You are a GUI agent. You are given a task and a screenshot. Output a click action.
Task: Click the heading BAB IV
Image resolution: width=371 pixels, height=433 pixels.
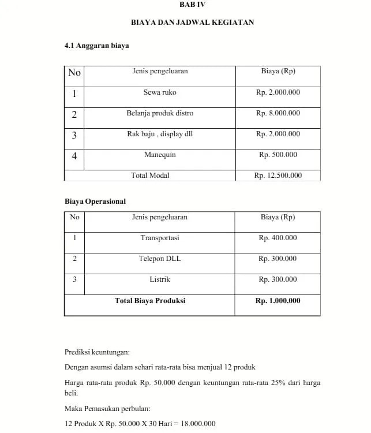[192, 4]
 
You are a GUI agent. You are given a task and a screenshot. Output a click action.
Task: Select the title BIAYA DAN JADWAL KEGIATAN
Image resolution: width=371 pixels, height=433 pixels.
[192, 23]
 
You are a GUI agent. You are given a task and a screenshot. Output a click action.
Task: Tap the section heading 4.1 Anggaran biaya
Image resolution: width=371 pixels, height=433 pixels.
[96, 45]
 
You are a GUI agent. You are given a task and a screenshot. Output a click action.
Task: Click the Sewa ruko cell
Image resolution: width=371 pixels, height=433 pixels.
[160, 92]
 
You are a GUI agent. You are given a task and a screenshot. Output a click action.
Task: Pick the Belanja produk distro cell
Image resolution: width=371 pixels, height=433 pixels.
[160, 113]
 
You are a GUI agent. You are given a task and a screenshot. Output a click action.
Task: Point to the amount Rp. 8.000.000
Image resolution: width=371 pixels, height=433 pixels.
[278, 113]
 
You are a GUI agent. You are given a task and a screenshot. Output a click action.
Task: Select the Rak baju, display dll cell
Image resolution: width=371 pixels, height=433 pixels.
[160, 134]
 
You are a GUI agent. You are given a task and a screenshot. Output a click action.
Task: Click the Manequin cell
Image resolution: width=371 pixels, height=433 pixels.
[160, 155]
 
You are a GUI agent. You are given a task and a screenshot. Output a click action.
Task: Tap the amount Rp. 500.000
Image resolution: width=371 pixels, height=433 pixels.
[278, 155]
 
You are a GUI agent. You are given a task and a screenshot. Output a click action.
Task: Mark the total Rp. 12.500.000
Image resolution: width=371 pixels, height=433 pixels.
[278, 176]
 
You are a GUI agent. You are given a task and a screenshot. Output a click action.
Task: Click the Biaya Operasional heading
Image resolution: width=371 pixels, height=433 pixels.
[95, 201]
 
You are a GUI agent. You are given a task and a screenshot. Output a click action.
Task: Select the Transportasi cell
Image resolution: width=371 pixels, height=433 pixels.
[160, 238]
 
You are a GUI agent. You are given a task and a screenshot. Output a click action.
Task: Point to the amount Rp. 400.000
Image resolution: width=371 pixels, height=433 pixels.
[278, 238]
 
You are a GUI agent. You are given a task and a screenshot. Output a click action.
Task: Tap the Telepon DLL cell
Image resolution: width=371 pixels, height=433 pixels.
[160, 259]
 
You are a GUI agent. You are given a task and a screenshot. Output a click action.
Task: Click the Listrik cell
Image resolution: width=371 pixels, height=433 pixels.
[160, 279]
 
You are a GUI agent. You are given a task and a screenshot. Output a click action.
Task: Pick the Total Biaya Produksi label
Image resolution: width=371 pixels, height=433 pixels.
[150, 301]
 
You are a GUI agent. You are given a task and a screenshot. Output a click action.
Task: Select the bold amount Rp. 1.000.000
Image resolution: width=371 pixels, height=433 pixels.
[278, 301]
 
